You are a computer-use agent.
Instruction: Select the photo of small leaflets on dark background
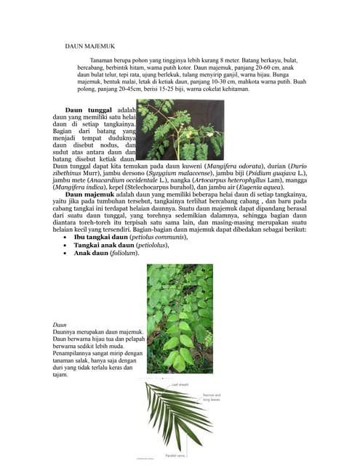(180, 130)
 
